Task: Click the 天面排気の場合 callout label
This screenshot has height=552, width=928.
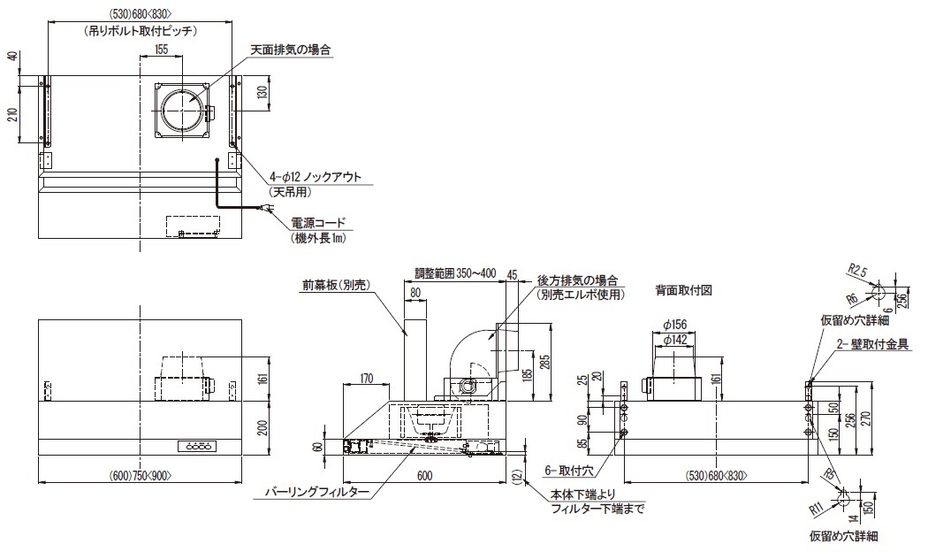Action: pyautogui.click(x=291, y=50)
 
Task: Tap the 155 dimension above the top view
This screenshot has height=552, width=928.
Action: pyautogui.click(x=160, y=50)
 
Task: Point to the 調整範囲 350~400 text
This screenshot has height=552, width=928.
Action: pyautogui.click(x=456, y=273)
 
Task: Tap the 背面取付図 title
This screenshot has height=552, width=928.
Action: pyautogui.click(x=684, y=289)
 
